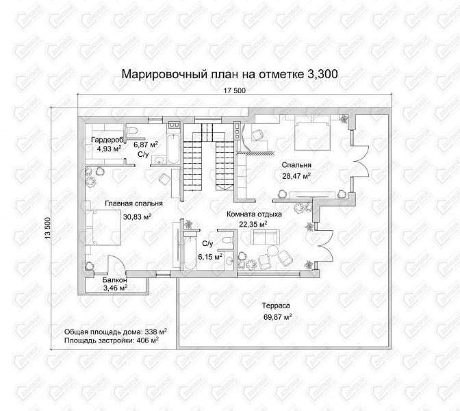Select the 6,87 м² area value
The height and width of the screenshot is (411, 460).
click(146, 145)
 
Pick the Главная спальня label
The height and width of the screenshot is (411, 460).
click(133, 203)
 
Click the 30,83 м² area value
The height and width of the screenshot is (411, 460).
click(137, 216)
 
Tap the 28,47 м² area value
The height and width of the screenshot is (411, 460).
click(296, 176)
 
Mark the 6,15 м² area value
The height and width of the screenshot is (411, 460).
click(210, 257)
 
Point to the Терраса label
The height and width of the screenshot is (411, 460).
click(277, 306)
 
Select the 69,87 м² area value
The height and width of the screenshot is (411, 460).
click(277, 316)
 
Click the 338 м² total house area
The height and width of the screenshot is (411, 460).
click(155, 332)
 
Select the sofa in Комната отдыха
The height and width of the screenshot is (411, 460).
click(265, 237)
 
